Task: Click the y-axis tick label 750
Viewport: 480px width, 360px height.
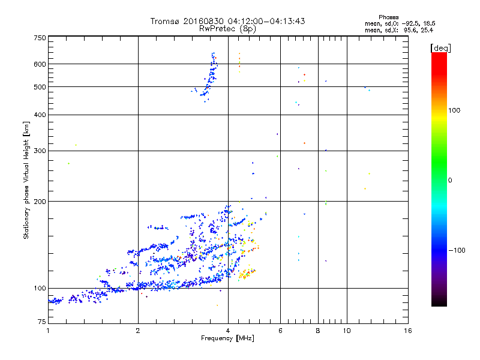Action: pyautogui.click(x=40, y=38)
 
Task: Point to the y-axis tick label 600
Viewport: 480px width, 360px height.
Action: pyautogui.click(x=40, y=64)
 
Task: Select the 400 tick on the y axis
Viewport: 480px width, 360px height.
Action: pyautogui.click(x=40, y=115)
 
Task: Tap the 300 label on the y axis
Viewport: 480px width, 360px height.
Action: pyautogui.click(x=40, y=151)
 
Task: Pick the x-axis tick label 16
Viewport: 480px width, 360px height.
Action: pyautogui.click(x=407, y=331)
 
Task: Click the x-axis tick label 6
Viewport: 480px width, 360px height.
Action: pyautogui.click(x=280, y=331)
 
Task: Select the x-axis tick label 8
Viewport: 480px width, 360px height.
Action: pyautogui.click(x=317, y=331)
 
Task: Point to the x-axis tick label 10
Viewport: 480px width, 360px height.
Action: pyautogui.click(x=346, y=331)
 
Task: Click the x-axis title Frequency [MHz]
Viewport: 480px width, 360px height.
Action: pyautogui.click(x=227, y=339)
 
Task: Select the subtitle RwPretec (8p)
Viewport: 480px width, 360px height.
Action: pyautogui.click(x=227, y=28)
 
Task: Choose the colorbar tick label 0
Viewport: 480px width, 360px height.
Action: pyautogui.click(x=451, y=180)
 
